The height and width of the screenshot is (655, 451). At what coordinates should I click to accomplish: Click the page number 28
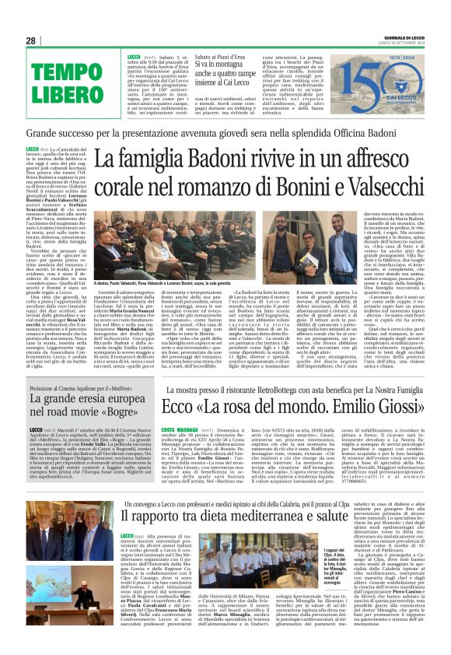30,40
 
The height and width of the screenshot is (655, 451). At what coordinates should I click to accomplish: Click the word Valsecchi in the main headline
374,189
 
